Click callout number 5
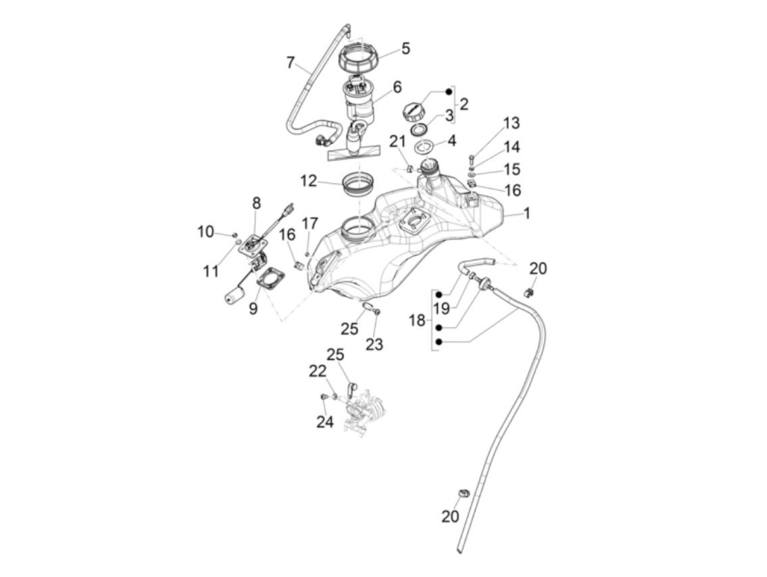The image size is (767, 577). click(405, 48)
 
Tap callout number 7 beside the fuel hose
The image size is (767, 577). click(290, 62)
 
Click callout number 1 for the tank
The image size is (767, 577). click(527, 213)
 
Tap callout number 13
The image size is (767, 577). click(511, 123)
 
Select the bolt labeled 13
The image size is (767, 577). click(471, 160)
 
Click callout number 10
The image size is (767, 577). click(206, 232)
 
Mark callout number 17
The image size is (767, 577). click(310, 223)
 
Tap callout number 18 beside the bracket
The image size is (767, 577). click(417, 320)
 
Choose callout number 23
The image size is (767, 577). click(374, 344)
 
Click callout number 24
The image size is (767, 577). click(325, 422)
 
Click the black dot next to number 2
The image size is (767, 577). click(449, 91)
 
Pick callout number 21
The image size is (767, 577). click(397, 142)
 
